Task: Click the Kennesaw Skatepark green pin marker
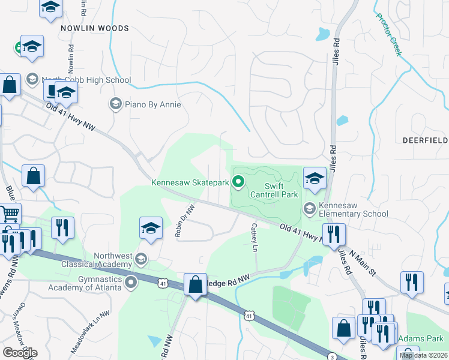click(238, 181)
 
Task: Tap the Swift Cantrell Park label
click(273, 190)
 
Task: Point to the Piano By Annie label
click(152, 104)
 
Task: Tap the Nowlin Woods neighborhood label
click(95, 28)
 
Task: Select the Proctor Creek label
click(388, 35)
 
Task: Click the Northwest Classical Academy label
click(95, 260)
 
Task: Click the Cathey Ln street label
click(255, 237)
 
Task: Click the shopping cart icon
click(9, 214)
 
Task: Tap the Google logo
click(20, 352)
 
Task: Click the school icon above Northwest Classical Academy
click(151, 228)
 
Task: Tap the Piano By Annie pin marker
click(115, 104)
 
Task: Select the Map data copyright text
click(423, 355)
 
